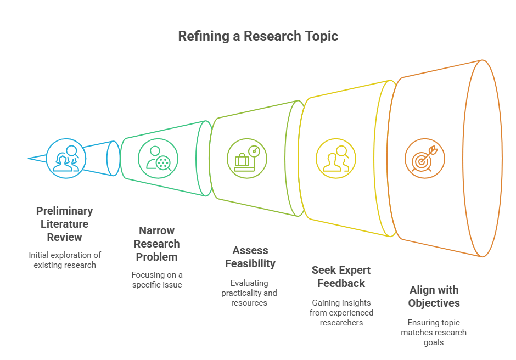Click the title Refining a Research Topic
click(x=258, y=36)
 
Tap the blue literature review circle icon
click(x=66, y=159)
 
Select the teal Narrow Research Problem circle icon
click(x=158, y=159)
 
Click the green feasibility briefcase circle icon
click(x=247, y=159)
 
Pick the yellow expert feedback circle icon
click(x=336, y=159)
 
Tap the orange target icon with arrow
click(x=424, y=159)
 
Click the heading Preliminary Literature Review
click(x=64, y=224)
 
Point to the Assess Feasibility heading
click(x=250, y=257)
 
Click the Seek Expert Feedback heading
click(x=341, y=277)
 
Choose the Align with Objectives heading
click(x=434, y=296)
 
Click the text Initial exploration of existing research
click(x=65, y=260)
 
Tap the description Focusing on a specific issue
click(x=158, y=279)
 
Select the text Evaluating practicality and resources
click(x=249, y=292)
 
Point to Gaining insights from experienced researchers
click(x=341, y=312)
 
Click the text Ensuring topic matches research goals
click(x=434, y=332)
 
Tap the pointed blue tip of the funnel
click(x=30, y=159)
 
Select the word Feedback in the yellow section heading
click(x=341, y=283)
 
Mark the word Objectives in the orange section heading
click(x=434, y=303)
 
